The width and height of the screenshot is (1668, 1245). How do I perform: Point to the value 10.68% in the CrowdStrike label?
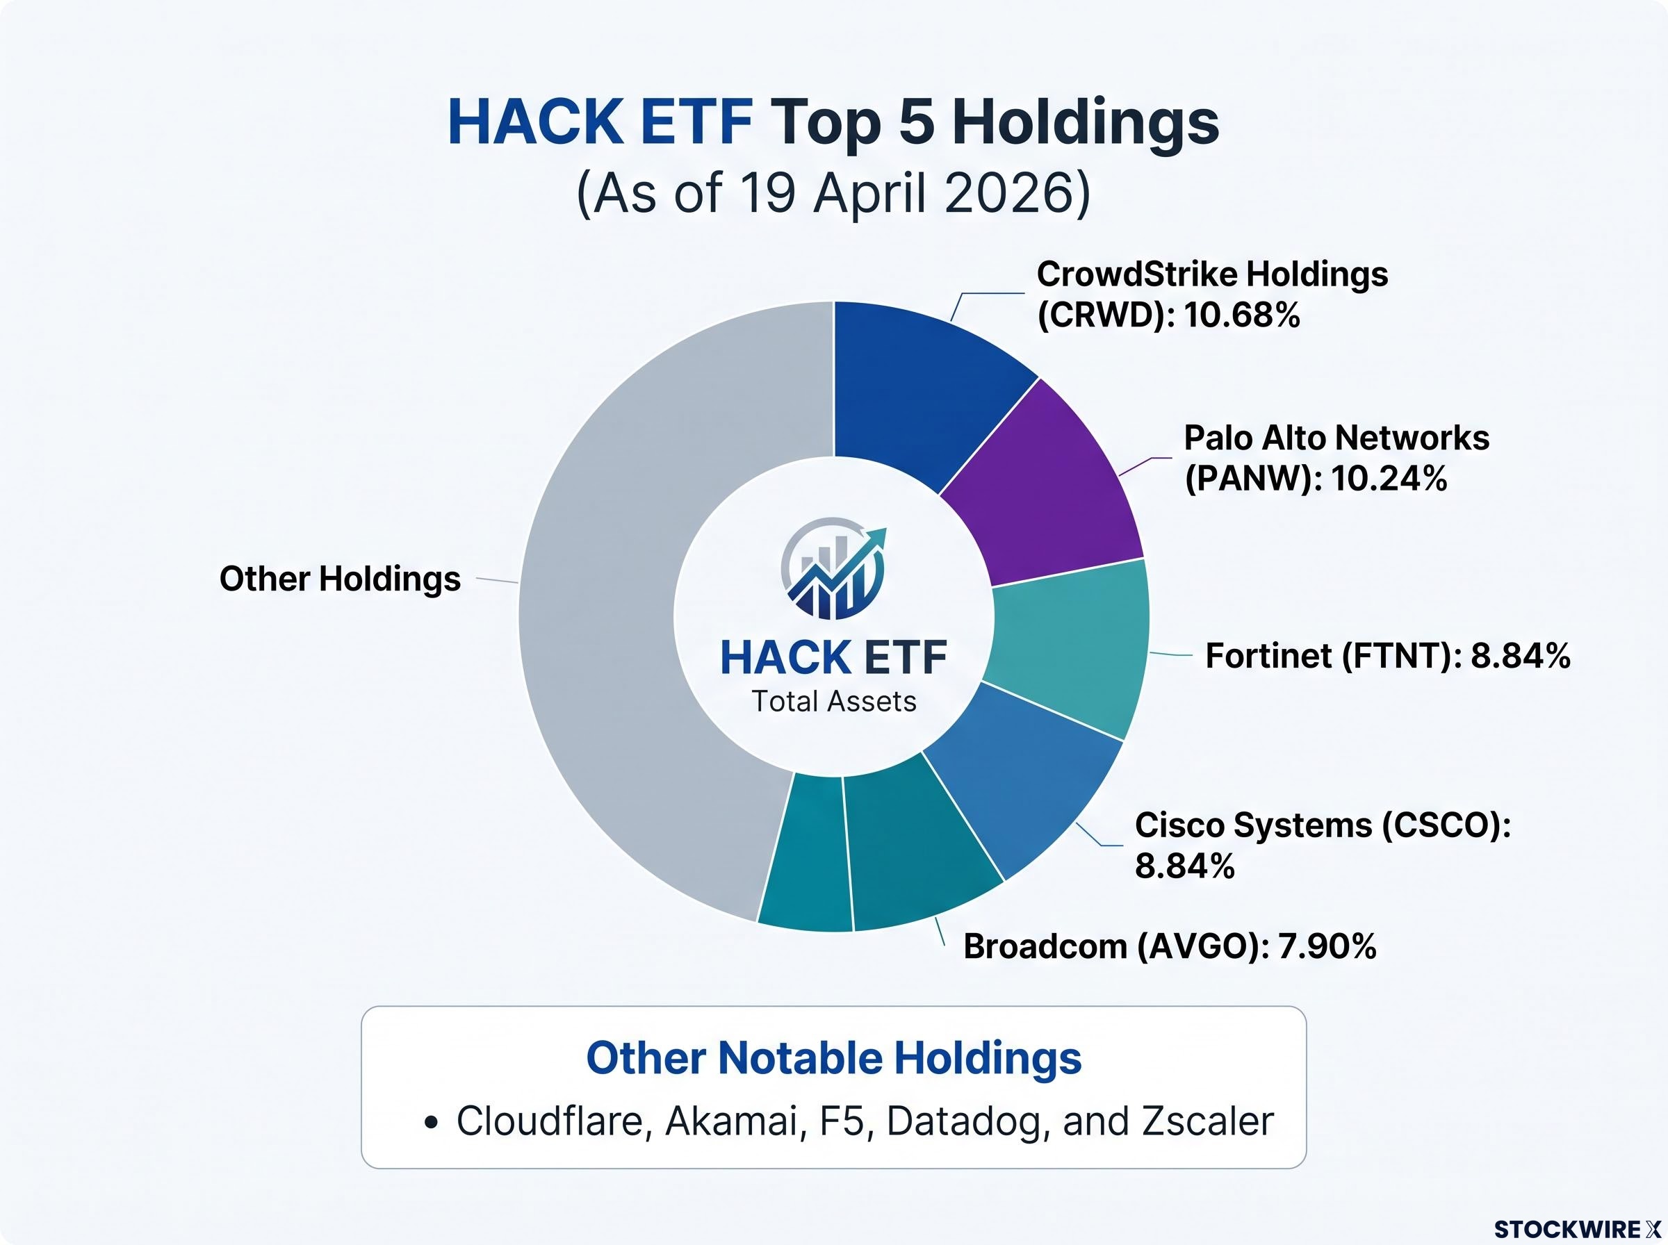click(x=1241, y=315)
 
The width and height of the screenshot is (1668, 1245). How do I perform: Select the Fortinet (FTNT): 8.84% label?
click(x=1388, y=656)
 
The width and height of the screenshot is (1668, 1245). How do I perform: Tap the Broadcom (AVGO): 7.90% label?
click(x=1170, y=946)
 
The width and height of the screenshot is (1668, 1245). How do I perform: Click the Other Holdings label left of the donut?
click(x=340, y=579)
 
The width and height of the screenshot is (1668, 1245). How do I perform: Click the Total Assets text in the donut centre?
click(x=833, y=702)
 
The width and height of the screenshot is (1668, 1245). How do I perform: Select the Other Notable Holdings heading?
click(x=833, y=1057)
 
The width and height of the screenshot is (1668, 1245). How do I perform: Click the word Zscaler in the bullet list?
click(x=1208, y=1121)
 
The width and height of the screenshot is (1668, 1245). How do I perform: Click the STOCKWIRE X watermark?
click(x=1577, y=1229)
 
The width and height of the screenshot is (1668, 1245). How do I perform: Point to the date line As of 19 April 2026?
click(x=833, y=193)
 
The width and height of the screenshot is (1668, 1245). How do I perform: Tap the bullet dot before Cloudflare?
click(x=431, y=1123)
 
